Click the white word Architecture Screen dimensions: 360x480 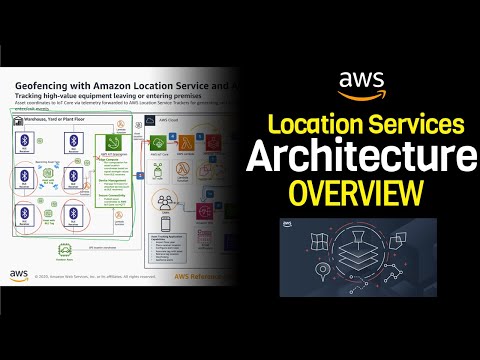(x=362, y=159)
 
